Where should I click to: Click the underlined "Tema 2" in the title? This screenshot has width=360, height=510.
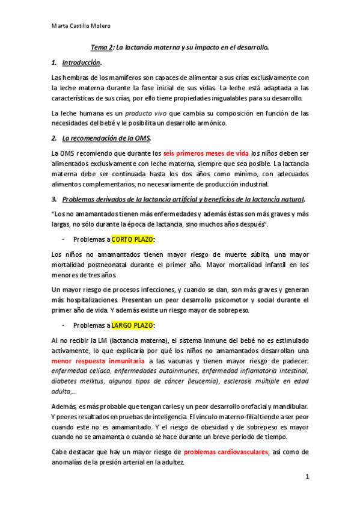click(102, 46)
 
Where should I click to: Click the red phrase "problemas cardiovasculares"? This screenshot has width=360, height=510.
click(226, 452)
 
